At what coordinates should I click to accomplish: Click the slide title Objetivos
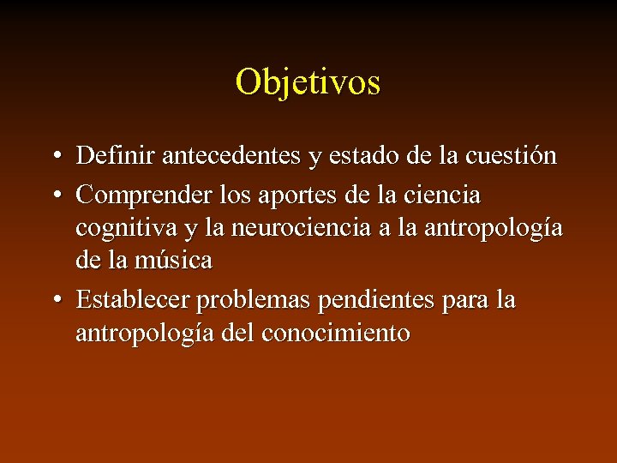tap(308, 82)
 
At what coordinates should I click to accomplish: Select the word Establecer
tap(133, 300)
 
